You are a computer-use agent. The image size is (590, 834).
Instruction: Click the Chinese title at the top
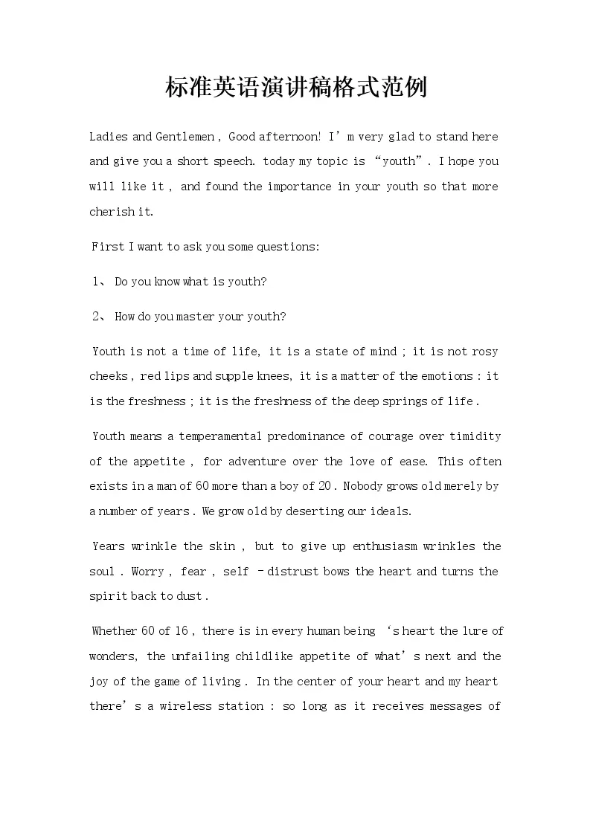coord(295,88)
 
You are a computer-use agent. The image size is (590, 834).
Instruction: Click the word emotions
coord(450,376)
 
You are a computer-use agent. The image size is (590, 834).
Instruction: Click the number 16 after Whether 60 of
coord(182,631)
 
